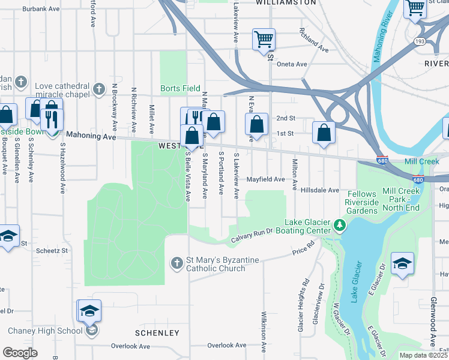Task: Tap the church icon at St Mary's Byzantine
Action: [x=176, y=263]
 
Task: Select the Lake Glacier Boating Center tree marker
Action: [x=340, y=226]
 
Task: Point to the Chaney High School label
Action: [x=45, y=331]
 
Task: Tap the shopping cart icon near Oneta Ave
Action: [x=264, y=40]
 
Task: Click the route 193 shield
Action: [x=418, y=41]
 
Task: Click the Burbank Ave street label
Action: [x=41, y=10]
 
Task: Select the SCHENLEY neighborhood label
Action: [x=157, y=333]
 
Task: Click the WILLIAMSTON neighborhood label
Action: [x=286, y=3]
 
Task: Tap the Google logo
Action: [x=20, y=353]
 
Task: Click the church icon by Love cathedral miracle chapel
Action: [x=99, y=91]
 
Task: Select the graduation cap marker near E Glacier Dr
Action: [x=402, y=263]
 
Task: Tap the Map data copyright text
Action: [x=423, y=355]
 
